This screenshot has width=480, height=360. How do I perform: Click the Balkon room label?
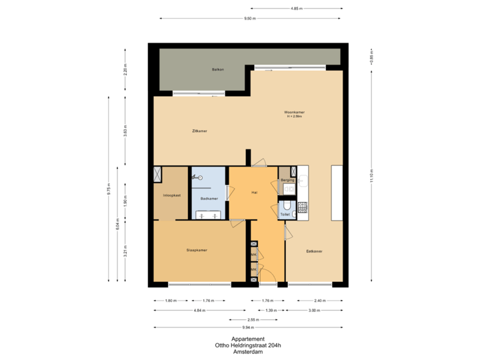point(217,69)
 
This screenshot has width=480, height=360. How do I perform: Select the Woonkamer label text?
point(294,113)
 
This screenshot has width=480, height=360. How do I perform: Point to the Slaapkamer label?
point(197,251)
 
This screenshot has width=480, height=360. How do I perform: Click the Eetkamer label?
point(314,251)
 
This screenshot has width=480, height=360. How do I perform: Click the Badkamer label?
point(209,198)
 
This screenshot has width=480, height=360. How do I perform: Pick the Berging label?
point(288,180)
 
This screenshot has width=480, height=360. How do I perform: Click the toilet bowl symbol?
point(288,205)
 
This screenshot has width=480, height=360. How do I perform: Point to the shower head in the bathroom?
point(197,177)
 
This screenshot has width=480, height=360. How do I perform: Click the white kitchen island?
point(336,194)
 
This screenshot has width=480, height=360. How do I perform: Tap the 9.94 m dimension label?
point(248,327)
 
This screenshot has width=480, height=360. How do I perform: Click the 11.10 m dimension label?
point(371,175)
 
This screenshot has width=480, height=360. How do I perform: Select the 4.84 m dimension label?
point(198,310)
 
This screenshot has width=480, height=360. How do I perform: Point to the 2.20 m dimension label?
point(125,69)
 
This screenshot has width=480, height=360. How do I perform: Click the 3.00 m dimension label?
point(312,310)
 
